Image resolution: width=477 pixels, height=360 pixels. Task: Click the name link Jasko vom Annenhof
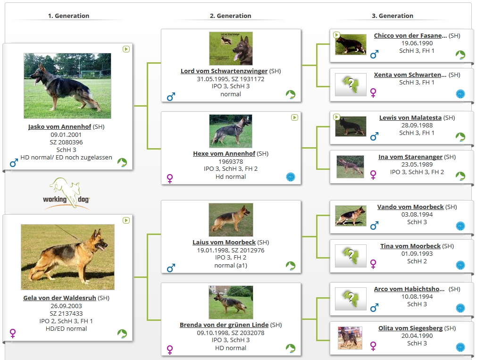59,126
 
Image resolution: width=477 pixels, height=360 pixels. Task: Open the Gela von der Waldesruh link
59,298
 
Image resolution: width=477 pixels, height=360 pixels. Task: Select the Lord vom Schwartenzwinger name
224,71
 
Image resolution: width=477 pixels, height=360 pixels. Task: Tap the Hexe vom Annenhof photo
231,131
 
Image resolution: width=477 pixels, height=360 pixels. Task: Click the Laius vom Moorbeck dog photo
231,220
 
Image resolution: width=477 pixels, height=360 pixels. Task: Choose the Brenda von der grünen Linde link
224,325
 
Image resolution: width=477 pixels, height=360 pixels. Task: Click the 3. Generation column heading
393,16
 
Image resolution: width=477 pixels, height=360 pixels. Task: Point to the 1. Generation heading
69,16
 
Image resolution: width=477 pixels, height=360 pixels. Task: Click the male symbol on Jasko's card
14,163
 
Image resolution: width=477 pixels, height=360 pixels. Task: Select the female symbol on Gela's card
13,333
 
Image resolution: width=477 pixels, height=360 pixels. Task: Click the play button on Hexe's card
294,117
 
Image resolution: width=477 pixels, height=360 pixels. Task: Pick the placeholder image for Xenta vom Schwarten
351,84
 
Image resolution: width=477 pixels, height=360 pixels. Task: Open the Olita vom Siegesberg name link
410,328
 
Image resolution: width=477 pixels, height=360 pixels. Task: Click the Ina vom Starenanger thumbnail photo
350,167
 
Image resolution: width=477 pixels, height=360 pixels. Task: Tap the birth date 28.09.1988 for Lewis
417,126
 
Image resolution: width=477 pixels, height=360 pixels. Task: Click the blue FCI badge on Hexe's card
291,177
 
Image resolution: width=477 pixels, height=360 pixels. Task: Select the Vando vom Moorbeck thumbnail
351,216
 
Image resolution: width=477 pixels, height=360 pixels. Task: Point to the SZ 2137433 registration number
67,313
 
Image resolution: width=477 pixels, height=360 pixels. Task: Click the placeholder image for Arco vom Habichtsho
351,299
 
